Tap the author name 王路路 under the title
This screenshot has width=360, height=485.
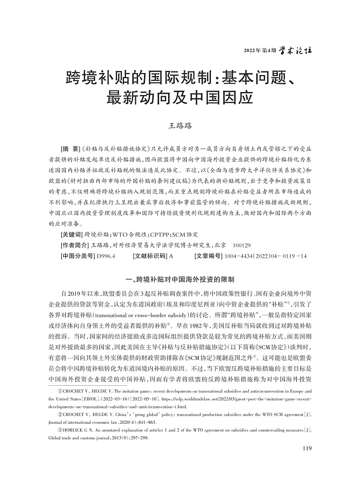click(180, 125)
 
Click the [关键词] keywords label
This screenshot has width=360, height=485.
click(72, 234)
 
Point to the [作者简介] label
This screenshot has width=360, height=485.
click(75, 244)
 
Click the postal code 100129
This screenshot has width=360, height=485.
click(244, 244)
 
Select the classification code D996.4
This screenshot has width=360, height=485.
click(105, 255)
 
